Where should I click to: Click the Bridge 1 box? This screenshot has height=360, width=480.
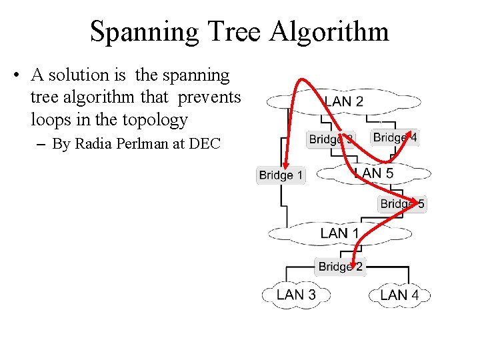click(x=281, y=175)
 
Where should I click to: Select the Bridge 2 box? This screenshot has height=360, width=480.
click(x=340, y=267)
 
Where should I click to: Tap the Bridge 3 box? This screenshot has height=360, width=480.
click(x=331, y=139)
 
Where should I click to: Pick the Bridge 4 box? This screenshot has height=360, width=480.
click(x=395, y=137)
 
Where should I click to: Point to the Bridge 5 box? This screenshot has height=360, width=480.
click(x=402, y=204)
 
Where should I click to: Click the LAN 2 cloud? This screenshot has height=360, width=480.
click(x=343, y=102)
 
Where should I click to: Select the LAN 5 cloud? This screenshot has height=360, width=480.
click(x=374, y=173)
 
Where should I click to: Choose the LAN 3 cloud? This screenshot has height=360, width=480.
click(x=295, y=294)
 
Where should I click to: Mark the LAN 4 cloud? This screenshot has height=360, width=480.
click(x=399, y=294)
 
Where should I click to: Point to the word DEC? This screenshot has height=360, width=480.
click(x=206, y=143)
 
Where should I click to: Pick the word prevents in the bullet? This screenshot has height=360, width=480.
click(x=209, y=97)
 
